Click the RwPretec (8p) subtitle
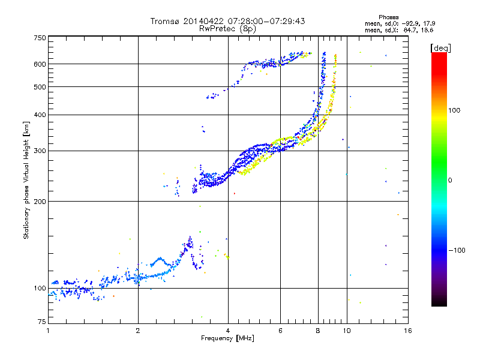[x=227, y=28]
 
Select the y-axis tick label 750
[x=40, y=38]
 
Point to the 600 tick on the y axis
[x=40, y=64]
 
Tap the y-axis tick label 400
[x=40, y=115]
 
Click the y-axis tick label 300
[x=40, y=151]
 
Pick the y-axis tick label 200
[x=40, y=202]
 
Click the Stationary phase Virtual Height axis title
[x=26, y=181]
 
